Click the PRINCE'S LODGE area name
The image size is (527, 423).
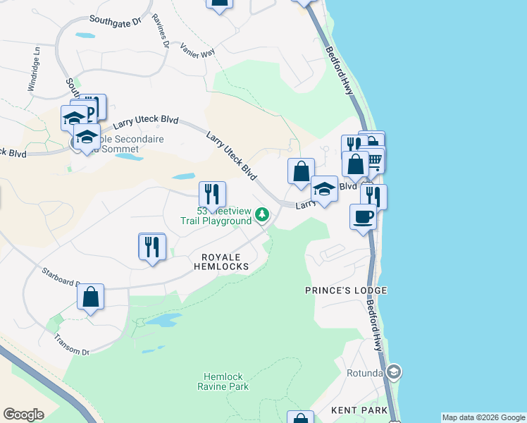346,290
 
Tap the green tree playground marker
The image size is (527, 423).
262,214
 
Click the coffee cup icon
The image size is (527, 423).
363,216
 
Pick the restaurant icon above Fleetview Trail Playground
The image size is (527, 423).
211,193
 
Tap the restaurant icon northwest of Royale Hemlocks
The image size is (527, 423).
151,246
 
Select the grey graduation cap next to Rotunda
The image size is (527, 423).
393,372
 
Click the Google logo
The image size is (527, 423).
23,414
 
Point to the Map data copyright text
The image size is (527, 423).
483,417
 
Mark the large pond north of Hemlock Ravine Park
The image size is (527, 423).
161,321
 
